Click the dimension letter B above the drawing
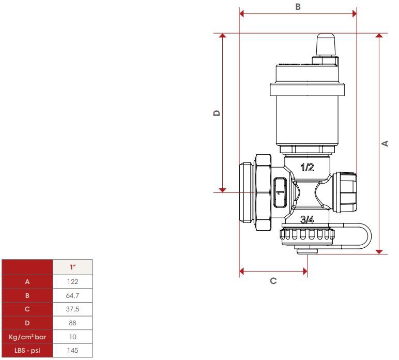click(298, 7)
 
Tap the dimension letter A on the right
click(385, 143)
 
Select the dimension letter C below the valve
click(273, 281)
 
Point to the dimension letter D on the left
click(217, 113)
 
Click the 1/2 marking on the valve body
click(307, 167)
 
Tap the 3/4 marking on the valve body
click(307, 219)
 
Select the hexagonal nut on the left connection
click(264, 192)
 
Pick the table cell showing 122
click(72, 281)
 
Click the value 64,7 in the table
click(72, 295)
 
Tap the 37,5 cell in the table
click(72, 309)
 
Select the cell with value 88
click(72, 323)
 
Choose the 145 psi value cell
click(72, 350)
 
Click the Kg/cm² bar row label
click(27, 337)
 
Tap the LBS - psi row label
click(27, 350)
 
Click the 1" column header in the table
click(73, 267)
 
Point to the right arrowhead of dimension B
click(355, 14)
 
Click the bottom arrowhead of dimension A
click(379, 252)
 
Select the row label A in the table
click(27, 281)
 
